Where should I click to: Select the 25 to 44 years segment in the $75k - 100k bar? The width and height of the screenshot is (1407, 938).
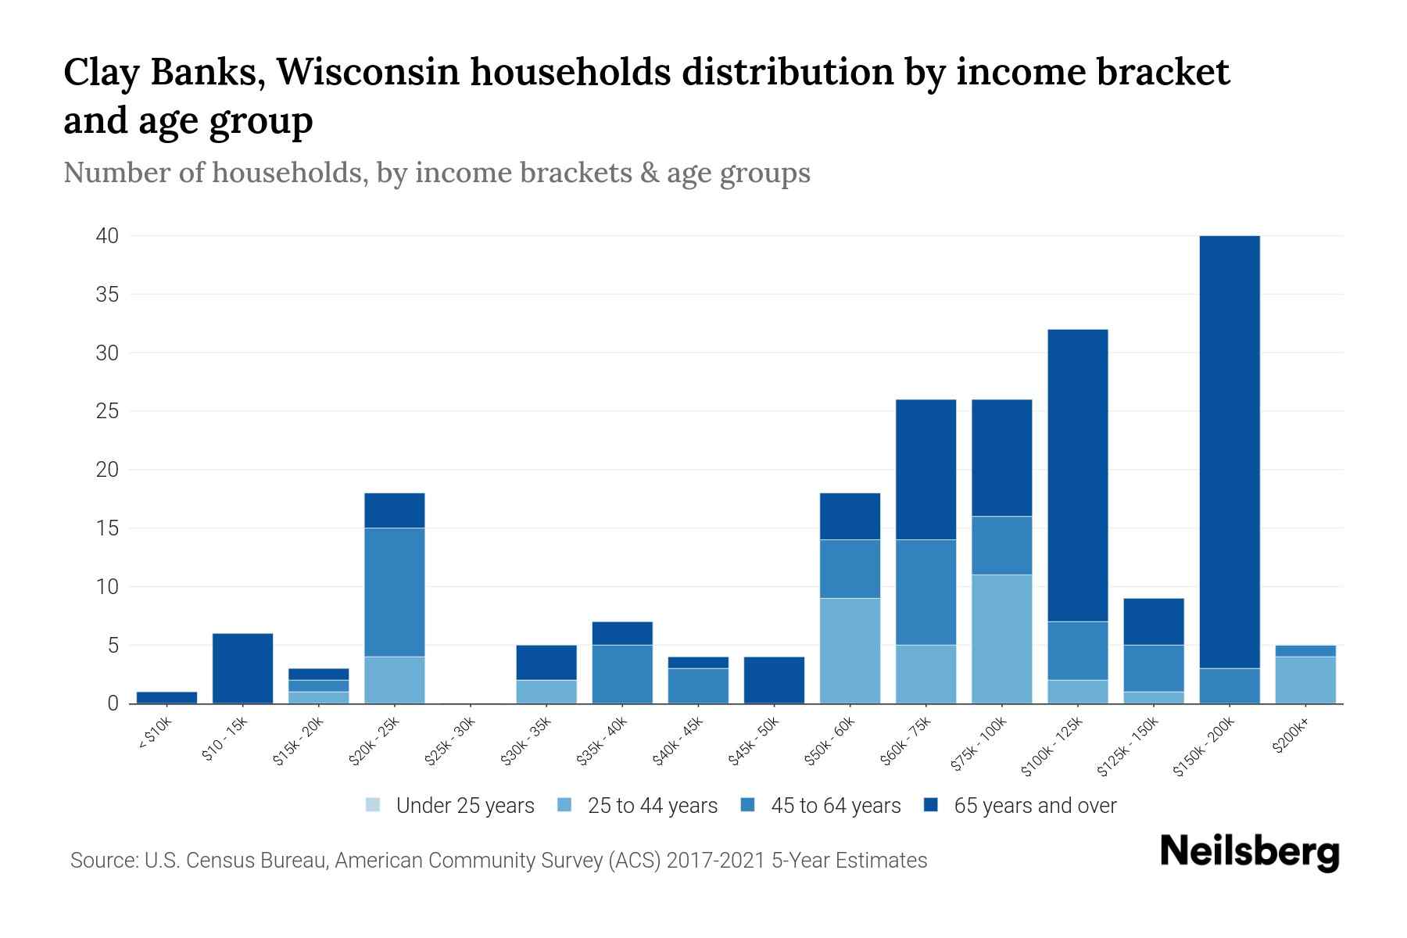coord(1001,639)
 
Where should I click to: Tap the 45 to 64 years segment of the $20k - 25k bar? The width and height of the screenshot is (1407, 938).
coord(395,592)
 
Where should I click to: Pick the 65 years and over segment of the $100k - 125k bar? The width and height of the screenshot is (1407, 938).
coord(1077,475)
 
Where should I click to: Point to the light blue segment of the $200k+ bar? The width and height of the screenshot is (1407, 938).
coord(1305,680)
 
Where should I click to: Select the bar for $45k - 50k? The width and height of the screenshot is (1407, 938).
coord(774,680)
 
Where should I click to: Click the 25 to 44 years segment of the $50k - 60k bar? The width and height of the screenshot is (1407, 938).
coord(850,650)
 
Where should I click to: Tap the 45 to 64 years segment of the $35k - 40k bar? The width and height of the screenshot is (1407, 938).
coord(622,674)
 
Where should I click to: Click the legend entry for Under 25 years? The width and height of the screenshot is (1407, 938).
coord(464,806)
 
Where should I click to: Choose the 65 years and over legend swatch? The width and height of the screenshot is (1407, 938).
coord(932,805)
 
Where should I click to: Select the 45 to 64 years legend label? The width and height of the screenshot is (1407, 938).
coord(836,806)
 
